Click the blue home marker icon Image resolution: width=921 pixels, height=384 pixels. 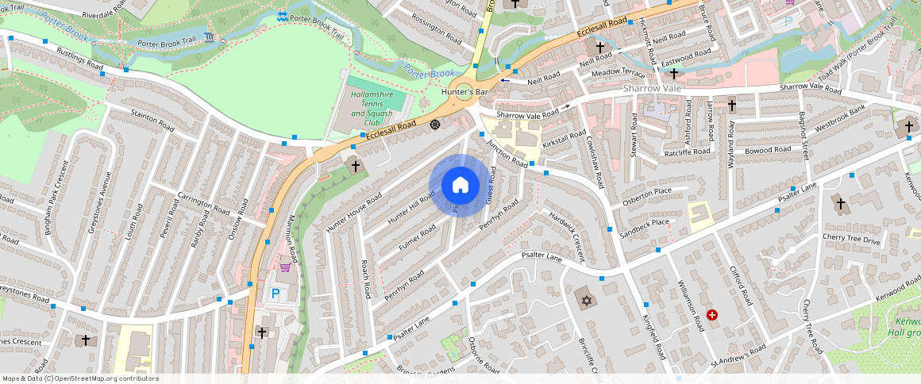pos(460,186)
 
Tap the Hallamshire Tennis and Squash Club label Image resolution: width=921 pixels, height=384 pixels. pos(372,109)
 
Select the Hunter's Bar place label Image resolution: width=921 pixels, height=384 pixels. pos(464,92)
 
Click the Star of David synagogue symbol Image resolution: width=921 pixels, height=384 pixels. pos(587,301)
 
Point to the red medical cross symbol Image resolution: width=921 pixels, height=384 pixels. pos(712,315)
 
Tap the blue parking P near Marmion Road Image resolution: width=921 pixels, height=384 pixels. pos(276,294)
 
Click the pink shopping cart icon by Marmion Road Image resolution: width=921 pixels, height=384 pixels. pos(284,267)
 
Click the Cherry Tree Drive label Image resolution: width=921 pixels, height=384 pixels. pos(852,240)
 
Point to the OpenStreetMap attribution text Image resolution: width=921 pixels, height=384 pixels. pos(81,378)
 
